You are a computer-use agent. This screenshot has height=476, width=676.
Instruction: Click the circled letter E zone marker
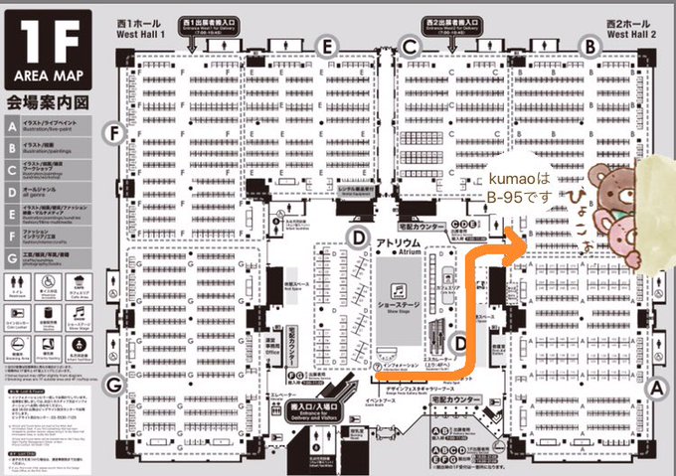[324, 43]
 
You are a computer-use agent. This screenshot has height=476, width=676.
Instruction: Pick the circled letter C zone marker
[408, 43]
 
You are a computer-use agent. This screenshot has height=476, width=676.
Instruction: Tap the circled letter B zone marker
[590, 45]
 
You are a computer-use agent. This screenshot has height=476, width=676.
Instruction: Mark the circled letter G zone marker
[115, 385]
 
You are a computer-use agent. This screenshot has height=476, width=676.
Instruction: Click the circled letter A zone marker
[654, 389]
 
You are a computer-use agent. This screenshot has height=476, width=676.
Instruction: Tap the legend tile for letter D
[11, 188]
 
